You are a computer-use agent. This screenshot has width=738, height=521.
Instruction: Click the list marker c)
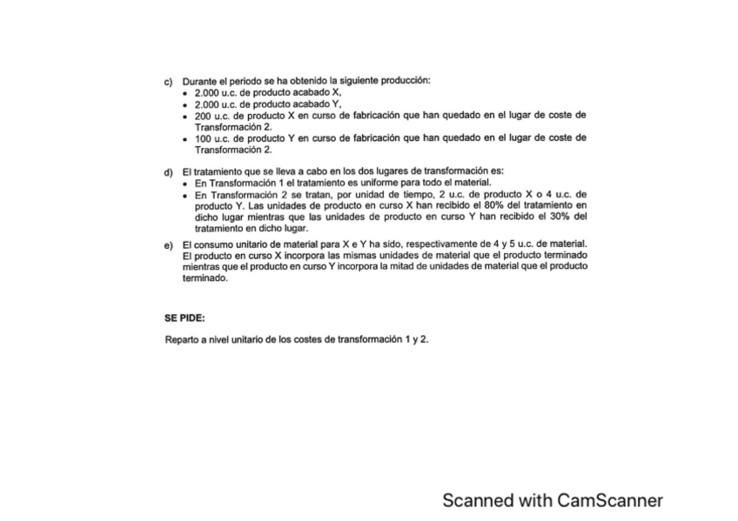[x=168, y=81]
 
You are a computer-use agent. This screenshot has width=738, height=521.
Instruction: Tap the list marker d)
[x=168, y=171]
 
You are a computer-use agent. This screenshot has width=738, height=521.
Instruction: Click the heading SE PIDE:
[x=185, y=317]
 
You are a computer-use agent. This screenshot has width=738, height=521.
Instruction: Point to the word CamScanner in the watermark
[x=610, y=500]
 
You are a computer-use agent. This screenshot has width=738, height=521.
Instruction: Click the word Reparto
[x=183, y=338]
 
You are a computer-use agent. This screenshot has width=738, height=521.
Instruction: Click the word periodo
[x=246, y=81]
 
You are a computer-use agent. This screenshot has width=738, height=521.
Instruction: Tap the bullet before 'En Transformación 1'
[x=187, y=184]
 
